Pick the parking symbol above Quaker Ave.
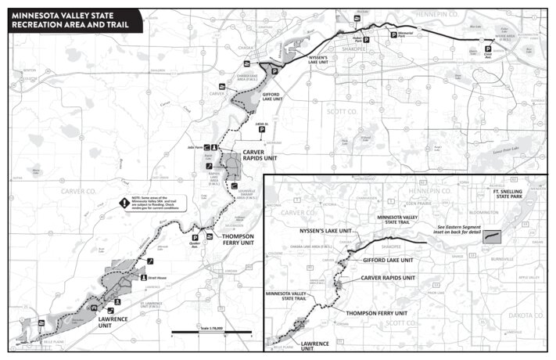[195, 237]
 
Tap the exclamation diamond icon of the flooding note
[124, 203]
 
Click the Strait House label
[160, 277]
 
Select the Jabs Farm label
[197, 146]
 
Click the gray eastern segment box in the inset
[493, 235]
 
